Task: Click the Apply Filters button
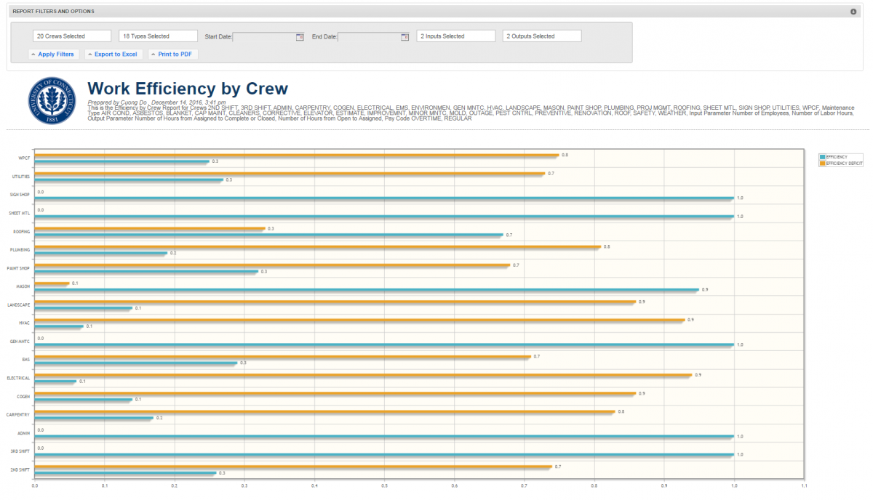[x=52, y=55]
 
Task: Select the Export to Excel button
[x=112, y=55]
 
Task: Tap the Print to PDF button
[x=173, y=55]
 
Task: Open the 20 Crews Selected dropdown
[x=72, y=36]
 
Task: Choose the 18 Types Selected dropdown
[x=158, y=36]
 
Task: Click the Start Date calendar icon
[x=299, y=37]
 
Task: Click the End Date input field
[x=369, y=37]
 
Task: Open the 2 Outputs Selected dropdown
[x=542, y=36]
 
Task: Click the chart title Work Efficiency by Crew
[x=188, y=89]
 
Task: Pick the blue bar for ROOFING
[x=268, y=235]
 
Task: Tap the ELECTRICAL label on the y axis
[x=18, y=378]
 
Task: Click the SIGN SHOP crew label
[x=19, y=195]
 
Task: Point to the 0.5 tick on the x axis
[x=385, y=486]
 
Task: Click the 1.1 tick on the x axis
[x=804, y=486]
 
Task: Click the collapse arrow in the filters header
[x=853, y=12]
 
